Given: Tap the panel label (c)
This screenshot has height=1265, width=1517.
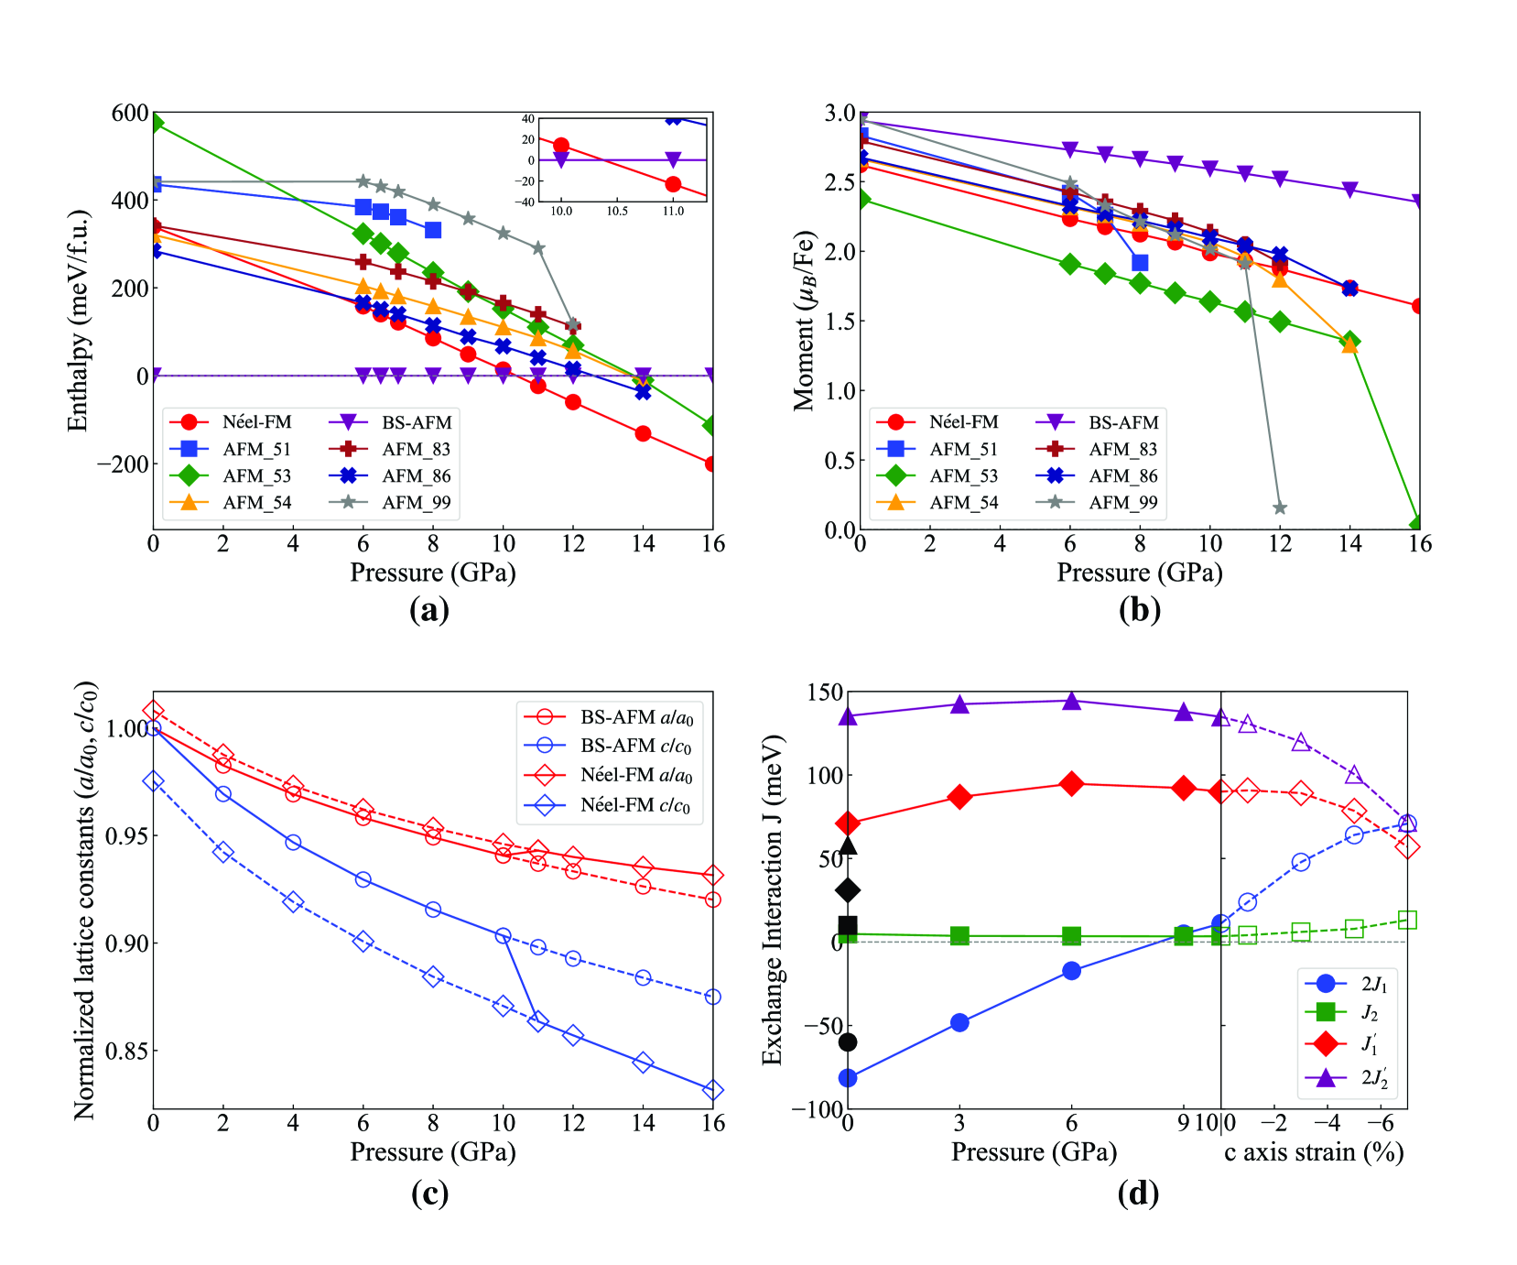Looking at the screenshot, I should [429, 1194].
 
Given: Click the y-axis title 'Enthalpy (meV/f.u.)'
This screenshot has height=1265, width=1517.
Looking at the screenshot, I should [79, 321].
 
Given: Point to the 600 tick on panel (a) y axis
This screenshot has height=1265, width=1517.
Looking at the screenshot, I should [129, 114].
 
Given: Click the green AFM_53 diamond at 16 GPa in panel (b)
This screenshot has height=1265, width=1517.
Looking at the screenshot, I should [1418, 524].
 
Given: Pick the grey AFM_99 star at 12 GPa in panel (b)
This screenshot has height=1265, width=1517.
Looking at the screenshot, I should [1280, 507].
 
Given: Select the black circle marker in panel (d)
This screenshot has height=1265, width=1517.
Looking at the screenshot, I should [848, 1041].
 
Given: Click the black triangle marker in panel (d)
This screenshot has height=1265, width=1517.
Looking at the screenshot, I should [848, 845].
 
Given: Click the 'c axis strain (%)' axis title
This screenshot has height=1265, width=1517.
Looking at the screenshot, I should [1314, 1152].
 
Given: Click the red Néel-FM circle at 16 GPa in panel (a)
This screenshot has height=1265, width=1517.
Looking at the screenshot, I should [711, 464].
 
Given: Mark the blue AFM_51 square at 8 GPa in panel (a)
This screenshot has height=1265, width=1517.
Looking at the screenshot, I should [433, 230].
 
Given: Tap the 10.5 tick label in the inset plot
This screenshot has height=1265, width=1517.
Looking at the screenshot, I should [617, 212].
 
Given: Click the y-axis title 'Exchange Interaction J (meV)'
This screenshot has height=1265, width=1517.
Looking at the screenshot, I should [773, 900].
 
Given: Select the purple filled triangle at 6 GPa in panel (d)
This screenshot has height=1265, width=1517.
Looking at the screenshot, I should [1071, 702].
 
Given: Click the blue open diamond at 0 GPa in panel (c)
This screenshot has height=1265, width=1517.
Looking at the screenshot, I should [154, 781].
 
